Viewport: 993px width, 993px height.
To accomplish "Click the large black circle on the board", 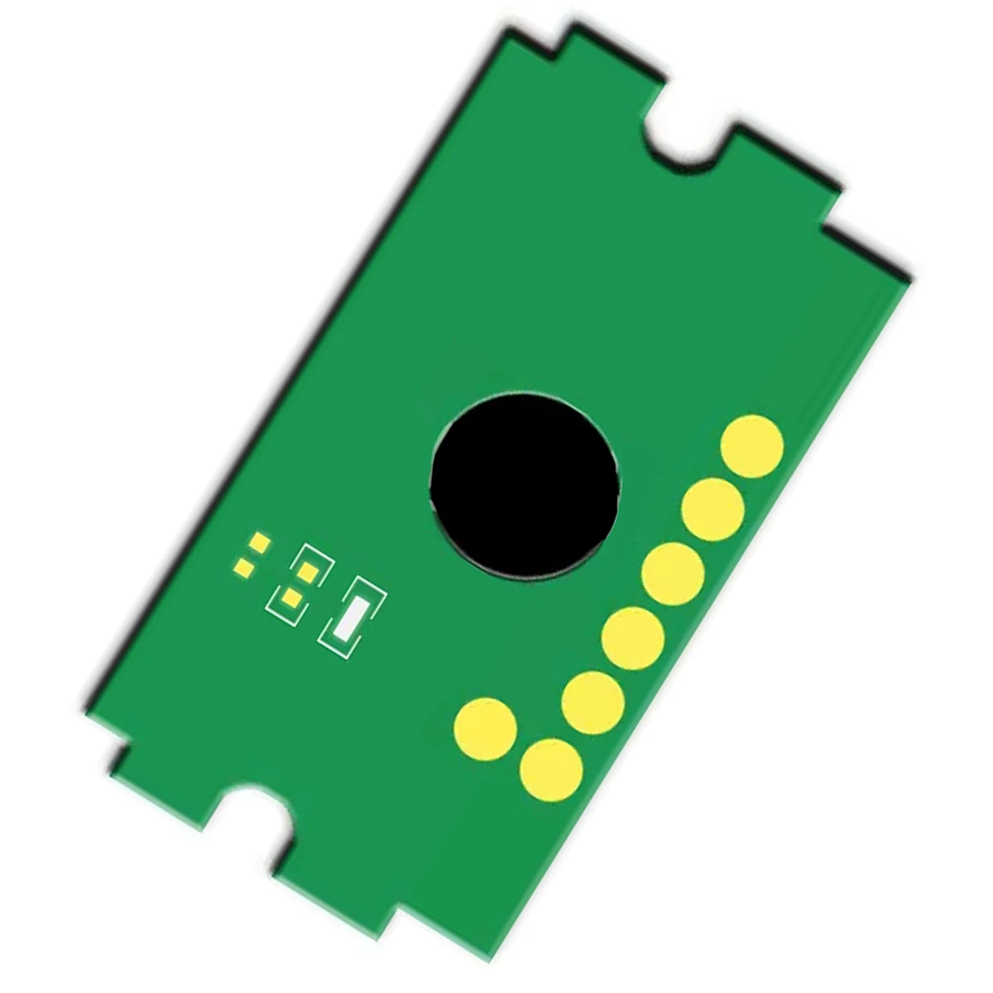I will pyautogui.click(x=525, y=485).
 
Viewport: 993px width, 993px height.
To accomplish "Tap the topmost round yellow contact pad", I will pyautogui.click(x=751, y=447).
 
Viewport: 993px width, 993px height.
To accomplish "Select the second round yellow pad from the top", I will pyautogui.click(x=712, y=510).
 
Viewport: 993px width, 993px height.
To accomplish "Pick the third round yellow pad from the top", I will pyautogui.click(x=673, y=573).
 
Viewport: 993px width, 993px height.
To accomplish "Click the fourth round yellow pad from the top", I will pyautogui.click(x=633, y=637).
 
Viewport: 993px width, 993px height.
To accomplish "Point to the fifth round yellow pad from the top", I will pyautogui.click(x=592, y=703).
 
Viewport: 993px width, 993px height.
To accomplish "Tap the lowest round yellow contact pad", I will pyautogui.click(x=551, y=770).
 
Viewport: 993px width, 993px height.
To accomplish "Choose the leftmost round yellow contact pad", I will pyautogui.click(x=486, y=729).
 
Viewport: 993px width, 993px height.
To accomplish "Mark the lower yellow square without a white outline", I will pyautogui.click(x=245, y=568).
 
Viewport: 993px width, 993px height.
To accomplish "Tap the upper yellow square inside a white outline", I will pyautogui.click(x=308, y=572).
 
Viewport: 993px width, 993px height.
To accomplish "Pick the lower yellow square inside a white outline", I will pyautogui.click(x=290, y=597).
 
